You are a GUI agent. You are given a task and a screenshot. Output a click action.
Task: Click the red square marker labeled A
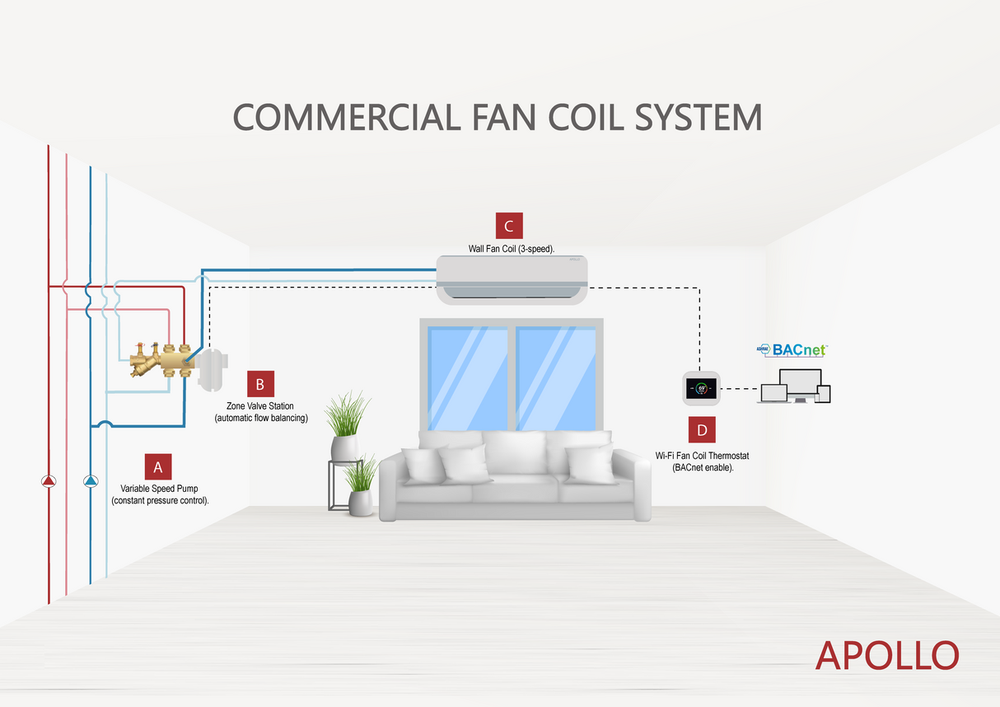[157, 466]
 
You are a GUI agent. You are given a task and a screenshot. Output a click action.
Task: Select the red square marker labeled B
[260, 384]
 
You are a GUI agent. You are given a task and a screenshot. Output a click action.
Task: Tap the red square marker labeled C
[509, 227]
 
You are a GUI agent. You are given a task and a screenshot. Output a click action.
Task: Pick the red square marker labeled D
[702, 430]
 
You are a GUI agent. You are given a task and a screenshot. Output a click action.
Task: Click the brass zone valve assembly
[161, 360]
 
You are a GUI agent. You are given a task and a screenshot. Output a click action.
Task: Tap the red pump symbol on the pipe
[49, 480]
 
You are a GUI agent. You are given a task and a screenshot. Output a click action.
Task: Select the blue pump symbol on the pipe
[91, 480]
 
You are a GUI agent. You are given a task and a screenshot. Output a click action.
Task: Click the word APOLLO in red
[887, 655]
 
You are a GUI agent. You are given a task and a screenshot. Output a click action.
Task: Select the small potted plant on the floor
[361, 488]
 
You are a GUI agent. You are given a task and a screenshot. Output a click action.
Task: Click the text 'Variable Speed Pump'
[160, 489]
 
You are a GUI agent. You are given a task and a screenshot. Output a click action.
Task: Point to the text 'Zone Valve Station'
[260, 406]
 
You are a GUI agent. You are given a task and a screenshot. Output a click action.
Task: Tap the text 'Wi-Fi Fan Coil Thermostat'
[703, 455]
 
